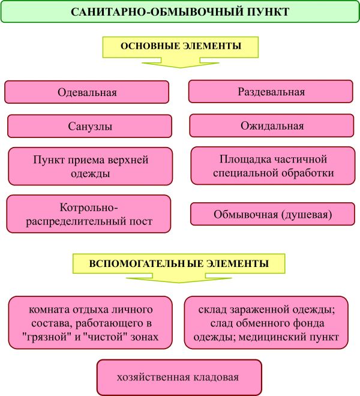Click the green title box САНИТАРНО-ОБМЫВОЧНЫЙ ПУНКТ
[x=180, y=11]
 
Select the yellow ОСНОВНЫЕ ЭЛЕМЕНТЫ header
[x=181, y=46]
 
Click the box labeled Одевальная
[x=87, y=92]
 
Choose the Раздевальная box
[x=271, y=92]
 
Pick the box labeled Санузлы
[x=90, y=127]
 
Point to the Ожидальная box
[x=272, y=126]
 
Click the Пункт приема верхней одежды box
[x=90, y=166]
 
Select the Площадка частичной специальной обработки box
[x=272, y=166]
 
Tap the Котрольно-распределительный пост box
[x=89, y=214]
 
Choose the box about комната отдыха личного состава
[x=90, y=323]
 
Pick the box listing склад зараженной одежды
[x=266, y=323]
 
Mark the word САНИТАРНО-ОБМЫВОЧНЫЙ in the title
[x=153, y=12]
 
